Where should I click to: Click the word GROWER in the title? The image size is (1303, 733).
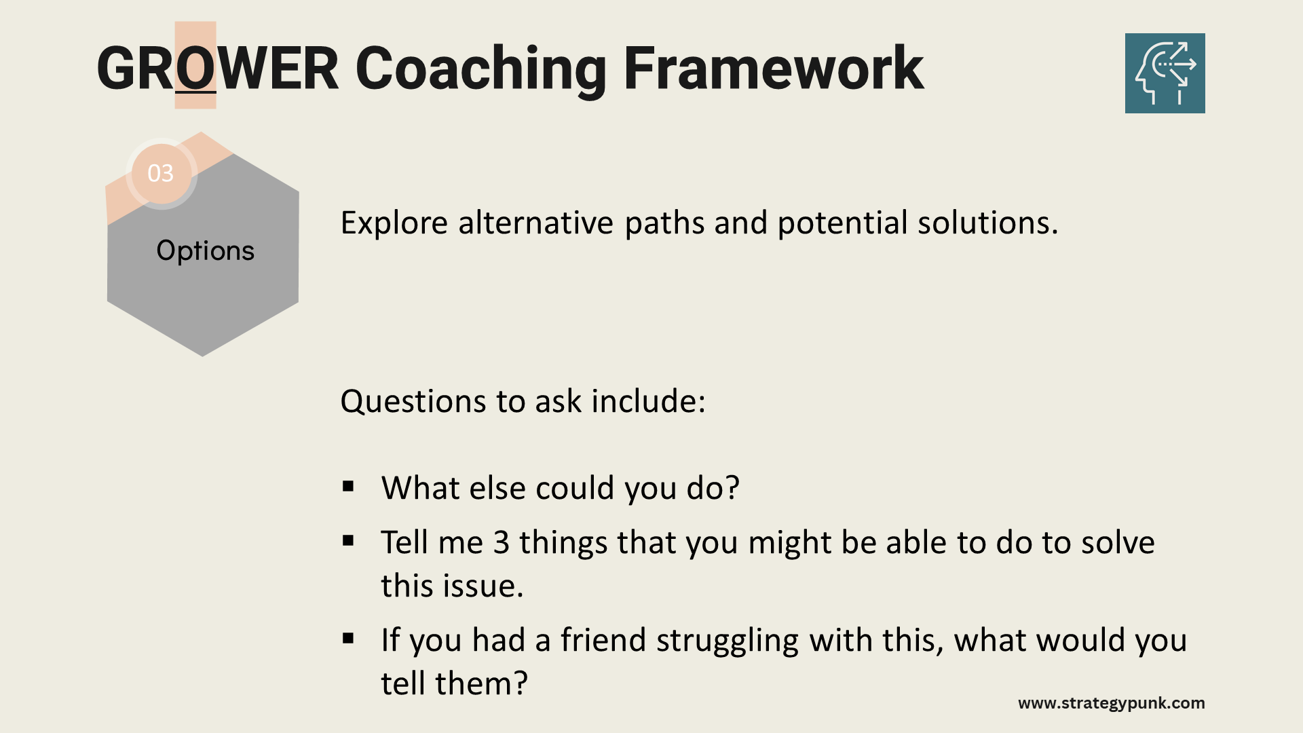(x=217, y=68)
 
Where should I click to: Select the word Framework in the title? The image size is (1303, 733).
(x=774, y=68)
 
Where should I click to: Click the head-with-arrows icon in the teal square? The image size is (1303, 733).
(x=1165, y=73)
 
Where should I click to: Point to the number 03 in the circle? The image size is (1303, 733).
(x=161, y=174)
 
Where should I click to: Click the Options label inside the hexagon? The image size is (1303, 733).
(x=205, y=251)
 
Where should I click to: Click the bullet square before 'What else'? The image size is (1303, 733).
(x=349, y=486)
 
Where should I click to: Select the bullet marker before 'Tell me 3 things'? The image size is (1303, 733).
(x=349, y=541)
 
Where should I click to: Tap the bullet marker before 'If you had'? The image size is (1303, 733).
(x=349, y=638)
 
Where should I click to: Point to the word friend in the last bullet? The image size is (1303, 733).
(x=603, y=640)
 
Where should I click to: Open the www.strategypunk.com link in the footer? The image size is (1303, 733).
(x=1112, y=704)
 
